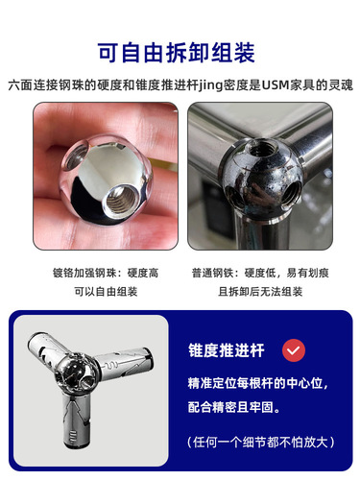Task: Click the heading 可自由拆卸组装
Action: pos(177,53)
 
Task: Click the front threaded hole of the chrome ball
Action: pos(121,199)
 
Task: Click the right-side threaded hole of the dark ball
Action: pos(293,192)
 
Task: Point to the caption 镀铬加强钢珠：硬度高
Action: pos(106,273)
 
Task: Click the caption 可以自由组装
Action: pos(106,292)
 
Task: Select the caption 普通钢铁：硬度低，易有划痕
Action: pos(260,273)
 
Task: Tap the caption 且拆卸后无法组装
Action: pos(260,292)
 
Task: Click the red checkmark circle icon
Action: pos(294,350)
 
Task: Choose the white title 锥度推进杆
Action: pos(227,350)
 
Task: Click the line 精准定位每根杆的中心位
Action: pos(258,383)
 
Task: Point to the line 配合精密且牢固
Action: pos(234,407)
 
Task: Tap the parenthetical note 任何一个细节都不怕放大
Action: pos(261,443)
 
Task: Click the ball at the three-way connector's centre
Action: pos(76,372)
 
